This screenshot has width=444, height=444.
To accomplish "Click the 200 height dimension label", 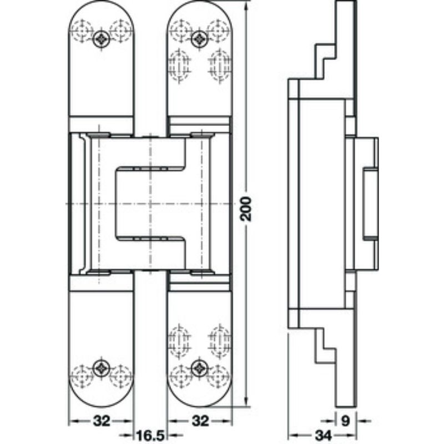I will [x=246, y=208].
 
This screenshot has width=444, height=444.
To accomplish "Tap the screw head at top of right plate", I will [x=199, y=38].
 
